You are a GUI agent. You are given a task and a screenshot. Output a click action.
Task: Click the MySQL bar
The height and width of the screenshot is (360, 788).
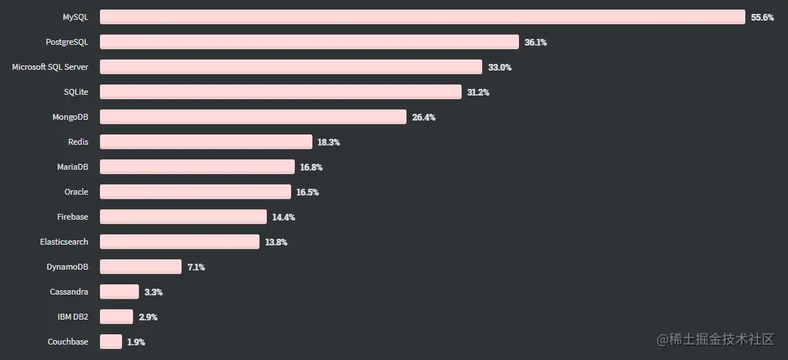(423, 17)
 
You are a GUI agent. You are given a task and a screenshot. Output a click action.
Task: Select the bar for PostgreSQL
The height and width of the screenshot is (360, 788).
(309, 42)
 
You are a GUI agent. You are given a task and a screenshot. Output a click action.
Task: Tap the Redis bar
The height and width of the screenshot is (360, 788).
(206, 142)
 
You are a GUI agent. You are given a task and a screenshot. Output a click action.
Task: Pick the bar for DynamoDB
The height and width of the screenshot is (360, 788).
(140, 267)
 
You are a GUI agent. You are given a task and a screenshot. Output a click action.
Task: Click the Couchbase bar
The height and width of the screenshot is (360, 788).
(111, 342)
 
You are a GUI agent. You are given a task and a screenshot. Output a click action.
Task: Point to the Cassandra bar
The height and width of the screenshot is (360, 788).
(119, 292)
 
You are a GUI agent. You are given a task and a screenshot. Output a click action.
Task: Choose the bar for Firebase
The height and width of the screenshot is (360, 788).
(183, 217)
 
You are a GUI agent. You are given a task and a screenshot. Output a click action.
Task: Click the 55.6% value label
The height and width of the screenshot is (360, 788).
(762, 17)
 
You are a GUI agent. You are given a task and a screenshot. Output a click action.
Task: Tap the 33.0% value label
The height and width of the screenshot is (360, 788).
(500, 67)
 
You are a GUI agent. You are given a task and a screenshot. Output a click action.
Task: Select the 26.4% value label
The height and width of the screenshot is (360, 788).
(423, 117)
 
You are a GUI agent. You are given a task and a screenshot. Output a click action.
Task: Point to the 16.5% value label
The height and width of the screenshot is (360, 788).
(307, 192)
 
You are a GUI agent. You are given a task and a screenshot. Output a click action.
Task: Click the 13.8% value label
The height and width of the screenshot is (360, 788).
(276, 242)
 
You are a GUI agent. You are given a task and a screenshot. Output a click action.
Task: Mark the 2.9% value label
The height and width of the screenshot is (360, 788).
(148, 317)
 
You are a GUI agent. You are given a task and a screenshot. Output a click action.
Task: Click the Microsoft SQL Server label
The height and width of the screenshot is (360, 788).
(50, 67)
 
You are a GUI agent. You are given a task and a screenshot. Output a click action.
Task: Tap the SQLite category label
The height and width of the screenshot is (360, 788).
(76, 92)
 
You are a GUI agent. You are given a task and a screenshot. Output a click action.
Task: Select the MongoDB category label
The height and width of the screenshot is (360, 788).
(71, 117)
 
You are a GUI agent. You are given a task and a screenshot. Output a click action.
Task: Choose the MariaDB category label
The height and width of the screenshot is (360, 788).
(73, 167)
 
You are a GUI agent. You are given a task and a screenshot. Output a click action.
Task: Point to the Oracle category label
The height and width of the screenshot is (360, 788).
(76, 192)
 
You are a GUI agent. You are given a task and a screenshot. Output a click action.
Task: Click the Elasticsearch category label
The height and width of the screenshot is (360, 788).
(64, 242)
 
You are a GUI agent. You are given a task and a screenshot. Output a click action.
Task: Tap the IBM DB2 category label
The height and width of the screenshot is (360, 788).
(73, 317)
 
